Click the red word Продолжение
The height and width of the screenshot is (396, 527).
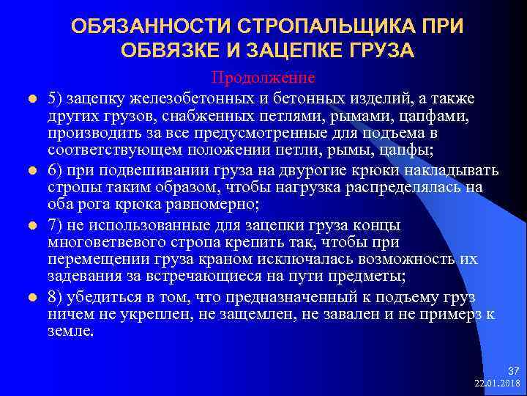click(263, 77)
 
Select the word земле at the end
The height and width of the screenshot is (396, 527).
click(70, 332)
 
